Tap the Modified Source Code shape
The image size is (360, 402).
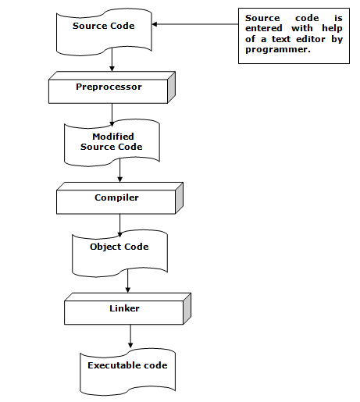tap(112, 142)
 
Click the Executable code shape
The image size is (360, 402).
tap(127, 368)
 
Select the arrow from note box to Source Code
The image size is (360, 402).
tap(195, 24)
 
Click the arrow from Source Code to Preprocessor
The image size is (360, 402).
tap(112, 61)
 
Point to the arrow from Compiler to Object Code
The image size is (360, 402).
tap(120, 225)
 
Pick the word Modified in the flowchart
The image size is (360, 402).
tap(113, 137)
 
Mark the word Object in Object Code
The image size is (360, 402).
tap(105, 247)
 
